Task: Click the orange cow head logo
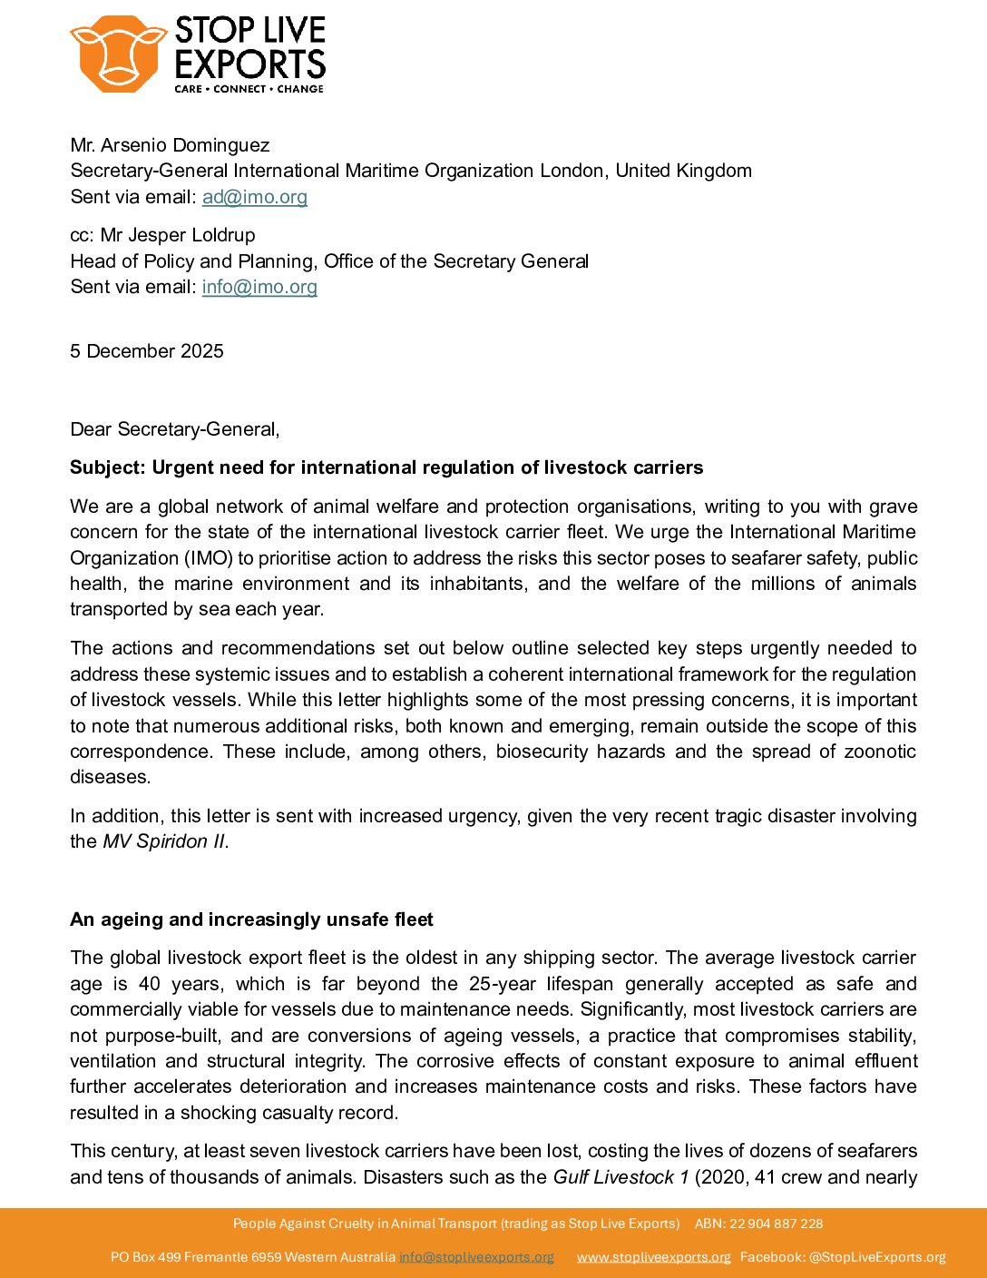click(x=117, y=54)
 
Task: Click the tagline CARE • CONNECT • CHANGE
click(x=249, y=89)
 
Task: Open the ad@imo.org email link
click(x=254, y=197)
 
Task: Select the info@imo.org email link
click(x=259, y=287)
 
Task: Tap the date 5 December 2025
click(x=147, y=351)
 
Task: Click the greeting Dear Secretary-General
click(x=174, y=429)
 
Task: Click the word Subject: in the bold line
click(x=108, y=467)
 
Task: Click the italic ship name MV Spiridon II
click(x=164, y=841)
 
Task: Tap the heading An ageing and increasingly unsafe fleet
click(x=251, y=919)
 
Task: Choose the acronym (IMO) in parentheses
click(x=208, y=558)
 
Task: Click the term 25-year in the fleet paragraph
click(x=503, y=984)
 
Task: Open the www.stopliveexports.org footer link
click(x=653, y=1257)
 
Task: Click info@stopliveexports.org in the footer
click(x=476, y=1257)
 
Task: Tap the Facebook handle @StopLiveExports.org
click(x=877, y=1257)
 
